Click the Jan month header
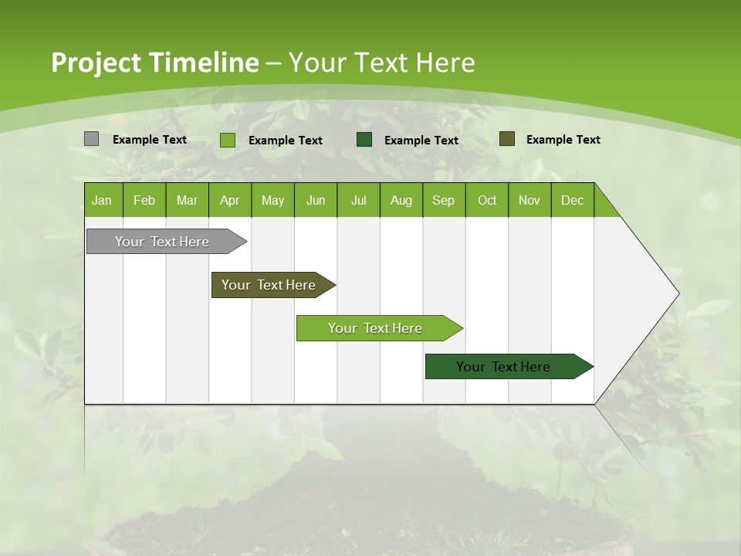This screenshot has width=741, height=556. coord(102,200)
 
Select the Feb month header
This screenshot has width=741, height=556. coord(144,200)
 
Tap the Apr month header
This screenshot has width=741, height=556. coord(229,200)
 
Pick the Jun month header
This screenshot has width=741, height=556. coord(316,200)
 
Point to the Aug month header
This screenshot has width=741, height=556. coord(401,200)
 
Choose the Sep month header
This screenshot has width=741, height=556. coord(443,200)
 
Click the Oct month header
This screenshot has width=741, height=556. coord(487,200)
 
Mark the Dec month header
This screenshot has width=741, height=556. coord(572,200)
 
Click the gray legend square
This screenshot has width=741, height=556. coord(91,139)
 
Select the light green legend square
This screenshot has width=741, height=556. coord(227,140)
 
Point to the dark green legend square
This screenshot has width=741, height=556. coord(364,139)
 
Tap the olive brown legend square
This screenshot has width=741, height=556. coord(506,139)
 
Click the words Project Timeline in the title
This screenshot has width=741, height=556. coord(154,63)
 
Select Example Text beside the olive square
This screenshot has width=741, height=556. coord(563,140)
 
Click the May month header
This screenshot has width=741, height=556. coord(272,200)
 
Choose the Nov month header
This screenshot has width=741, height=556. coord(530,200)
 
